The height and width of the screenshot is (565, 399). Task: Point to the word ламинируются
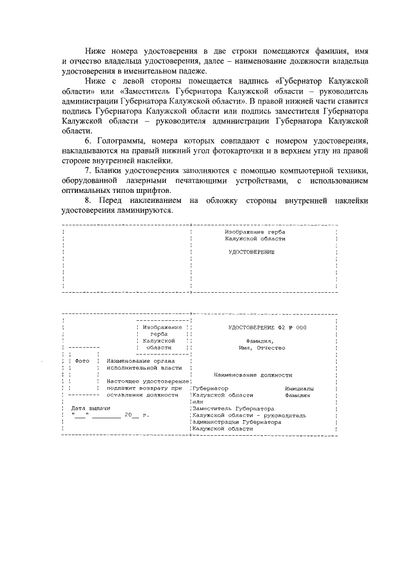(x=152, y=210)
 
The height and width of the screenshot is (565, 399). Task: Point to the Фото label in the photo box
(x=82, y=361)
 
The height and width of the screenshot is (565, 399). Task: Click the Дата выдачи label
(x=86, y=408)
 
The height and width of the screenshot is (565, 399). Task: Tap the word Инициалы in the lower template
(x=299, y=388)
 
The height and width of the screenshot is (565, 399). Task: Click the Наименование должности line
(x=252, y=375)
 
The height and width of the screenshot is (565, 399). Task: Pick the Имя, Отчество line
(x=256, y=348)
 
